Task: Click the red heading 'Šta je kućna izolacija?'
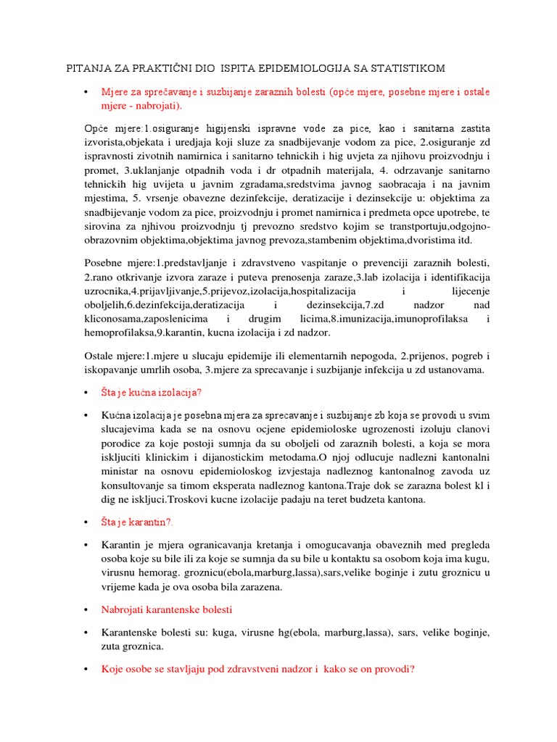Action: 152,392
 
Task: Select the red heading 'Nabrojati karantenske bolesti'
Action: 168,609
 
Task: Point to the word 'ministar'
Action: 123,472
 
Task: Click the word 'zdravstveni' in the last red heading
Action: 247,670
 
